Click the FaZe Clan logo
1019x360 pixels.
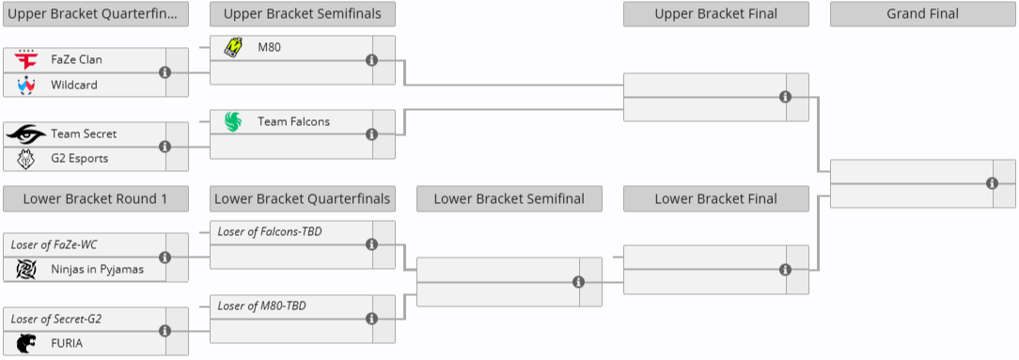[25, 60]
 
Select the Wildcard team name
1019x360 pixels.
[74, 85]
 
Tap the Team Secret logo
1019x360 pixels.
[25, 134]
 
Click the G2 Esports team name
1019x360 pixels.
[79, 158]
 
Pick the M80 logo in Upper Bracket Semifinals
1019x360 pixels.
[233, 47]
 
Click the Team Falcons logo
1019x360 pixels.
[233, 121]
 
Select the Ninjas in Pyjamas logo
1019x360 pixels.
[25, 270]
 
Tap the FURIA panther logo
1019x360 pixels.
[25, 343]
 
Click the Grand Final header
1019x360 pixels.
[922, 14]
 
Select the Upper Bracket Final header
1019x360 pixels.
[715, 14]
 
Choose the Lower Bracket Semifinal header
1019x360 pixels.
[509, 198]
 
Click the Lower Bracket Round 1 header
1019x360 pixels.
[95, 198]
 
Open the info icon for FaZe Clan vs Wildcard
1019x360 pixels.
[165, 72]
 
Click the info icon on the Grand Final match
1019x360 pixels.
[993, 183]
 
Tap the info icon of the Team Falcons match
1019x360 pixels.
[371, 134]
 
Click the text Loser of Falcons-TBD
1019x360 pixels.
[270, 231]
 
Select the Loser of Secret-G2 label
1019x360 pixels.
[56, 319]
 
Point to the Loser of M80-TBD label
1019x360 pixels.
[261, 305]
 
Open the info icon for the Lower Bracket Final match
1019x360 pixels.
[785, 270]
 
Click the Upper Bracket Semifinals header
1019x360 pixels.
[302, 14]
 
